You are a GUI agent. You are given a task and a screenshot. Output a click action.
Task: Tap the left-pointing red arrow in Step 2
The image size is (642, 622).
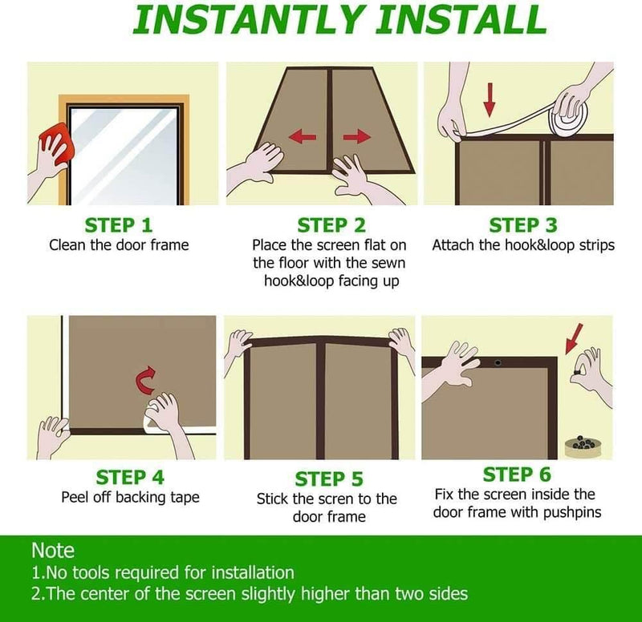tap(301, 137)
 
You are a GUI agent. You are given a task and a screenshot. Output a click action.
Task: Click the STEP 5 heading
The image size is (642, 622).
tap(329, 479)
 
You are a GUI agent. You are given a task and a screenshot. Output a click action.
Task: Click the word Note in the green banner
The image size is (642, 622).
tap(53, 551)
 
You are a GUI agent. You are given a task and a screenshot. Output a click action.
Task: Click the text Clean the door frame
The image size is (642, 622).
tap(119, 244)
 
